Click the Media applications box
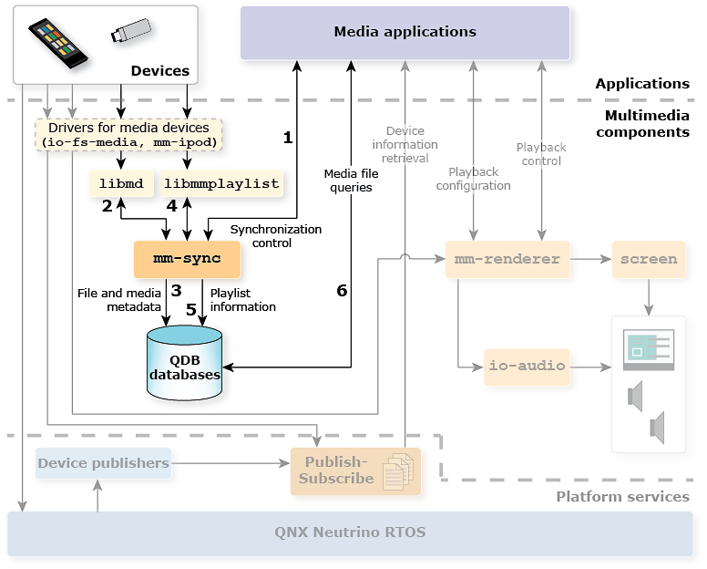coord(405,32)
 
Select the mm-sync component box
coord(188,259)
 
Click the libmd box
coord(121,183)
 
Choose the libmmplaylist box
coord(221,183)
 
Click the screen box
coord(649,259)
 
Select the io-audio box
coord(527,366)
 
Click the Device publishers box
coord(103,463)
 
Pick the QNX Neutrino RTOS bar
coord(350,533)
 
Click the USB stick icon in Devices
coord(131,32)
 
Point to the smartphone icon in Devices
coord(59,42)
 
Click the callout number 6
coord(342,291)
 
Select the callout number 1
coord(288,138)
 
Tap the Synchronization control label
coord(275,236)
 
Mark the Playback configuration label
coord(473,178)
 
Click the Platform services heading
coord(622,497)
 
